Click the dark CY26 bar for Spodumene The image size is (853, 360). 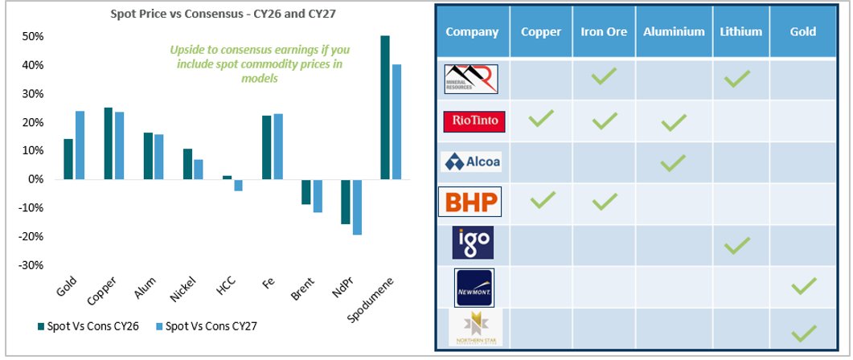[384, 108]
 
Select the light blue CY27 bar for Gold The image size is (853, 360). [80, 145]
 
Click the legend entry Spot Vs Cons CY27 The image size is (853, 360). [210, 326]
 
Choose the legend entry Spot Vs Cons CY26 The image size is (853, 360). [88, 326]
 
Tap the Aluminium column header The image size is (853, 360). [674, 32]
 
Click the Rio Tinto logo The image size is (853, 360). [474, 121]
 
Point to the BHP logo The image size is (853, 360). [471, 202]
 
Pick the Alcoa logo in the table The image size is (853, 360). [473, 162]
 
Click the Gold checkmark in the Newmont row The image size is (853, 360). [802, 284]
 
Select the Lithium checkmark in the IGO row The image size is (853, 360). [736, 243]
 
